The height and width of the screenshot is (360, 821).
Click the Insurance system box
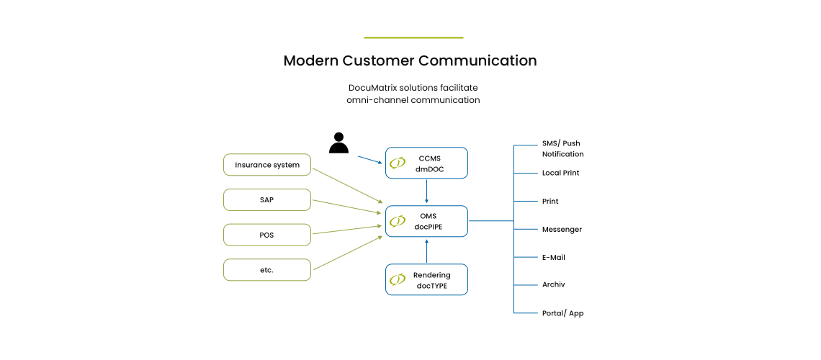tap(267, 165)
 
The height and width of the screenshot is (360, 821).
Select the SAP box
tap(267, 199)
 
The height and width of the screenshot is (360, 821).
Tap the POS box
tap(267, 235)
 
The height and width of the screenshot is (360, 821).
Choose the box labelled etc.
tap(267, 270)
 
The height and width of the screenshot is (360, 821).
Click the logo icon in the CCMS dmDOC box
tap(397, 163)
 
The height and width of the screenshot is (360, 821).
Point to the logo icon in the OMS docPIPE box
tap(397, 222)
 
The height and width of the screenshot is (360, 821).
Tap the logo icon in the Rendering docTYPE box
tap(397, 280)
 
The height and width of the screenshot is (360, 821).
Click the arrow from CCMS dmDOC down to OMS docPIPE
tap(427, 192)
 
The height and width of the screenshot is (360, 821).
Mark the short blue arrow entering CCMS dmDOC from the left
tap(370, 160)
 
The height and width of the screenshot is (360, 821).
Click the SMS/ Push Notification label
tap(562, 149)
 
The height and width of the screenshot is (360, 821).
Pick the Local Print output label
tap(560, 173)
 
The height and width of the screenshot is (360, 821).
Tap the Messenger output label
tap(562, 230)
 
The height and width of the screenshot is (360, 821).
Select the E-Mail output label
tap(554, 257)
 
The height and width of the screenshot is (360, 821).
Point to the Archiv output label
tap(553, 285)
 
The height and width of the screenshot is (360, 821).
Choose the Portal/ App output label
tap(562, 313)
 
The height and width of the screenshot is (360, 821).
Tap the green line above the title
tap(413, 37)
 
